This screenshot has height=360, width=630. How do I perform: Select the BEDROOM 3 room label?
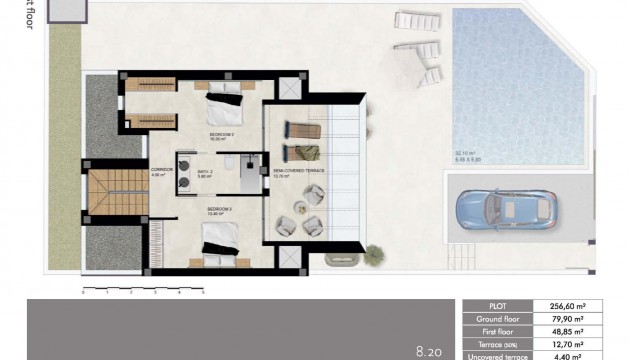click(x=219, y=210)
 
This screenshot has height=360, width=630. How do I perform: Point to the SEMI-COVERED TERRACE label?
click(x=301, y=170)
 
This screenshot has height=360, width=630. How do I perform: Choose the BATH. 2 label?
click(x=205, y=170)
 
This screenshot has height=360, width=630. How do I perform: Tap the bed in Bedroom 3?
click(x=222, y=242)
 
